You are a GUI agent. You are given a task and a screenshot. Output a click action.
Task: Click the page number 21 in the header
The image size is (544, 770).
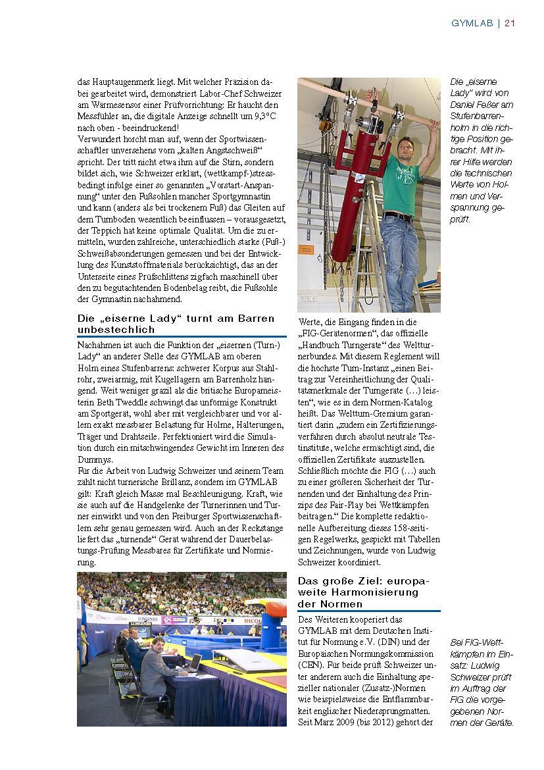[x=510, y=23]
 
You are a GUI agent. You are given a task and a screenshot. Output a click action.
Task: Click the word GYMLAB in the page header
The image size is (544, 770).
[x=472, y=23]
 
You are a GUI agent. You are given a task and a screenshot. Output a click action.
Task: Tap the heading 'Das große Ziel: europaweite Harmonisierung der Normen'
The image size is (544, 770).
[x=359, y=592]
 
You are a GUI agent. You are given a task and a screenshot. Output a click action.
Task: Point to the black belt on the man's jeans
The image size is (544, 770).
[x=399, y=215]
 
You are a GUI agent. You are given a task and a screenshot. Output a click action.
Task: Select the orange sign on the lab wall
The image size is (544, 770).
[x=306, y=250]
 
